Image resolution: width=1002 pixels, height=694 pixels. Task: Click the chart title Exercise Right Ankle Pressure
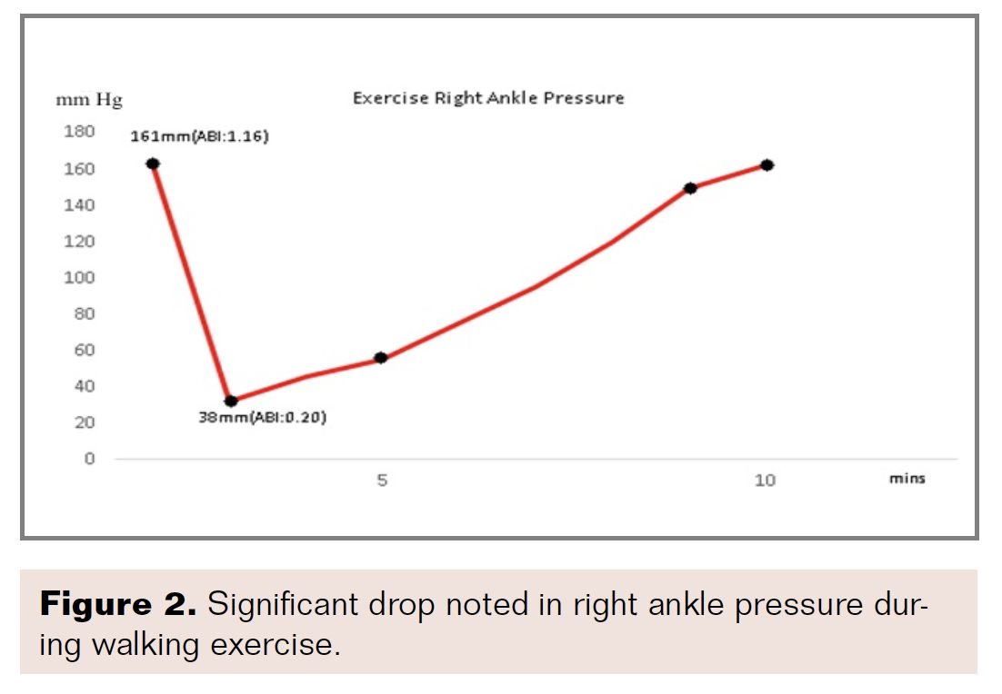pyautogui.click(x=488, y=98)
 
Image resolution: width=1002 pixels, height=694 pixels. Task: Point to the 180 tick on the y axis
pyautogui.click(x=79, y=132)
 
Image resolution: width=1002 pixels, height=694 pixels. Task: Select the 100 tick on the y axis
pyautogui.click(x=79, y=277)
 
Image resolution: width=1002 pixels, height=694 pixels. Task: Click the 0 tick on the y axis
pyautogui.click(x=89, y=459)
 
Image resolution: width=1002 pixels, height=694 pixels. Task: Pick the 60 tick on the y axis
pyautogui.click(x=83, y=350)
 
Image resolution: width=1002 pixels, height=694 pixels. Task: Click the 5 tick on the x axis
pyautogui.click(x=382, y=480)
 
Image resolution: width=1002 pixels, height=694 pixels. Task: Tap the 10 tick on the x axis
pyautogui.click(x=765, y=480)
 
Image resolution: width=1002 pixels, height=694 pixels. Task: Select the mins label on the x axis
pyautogui.click(x=907, y=478)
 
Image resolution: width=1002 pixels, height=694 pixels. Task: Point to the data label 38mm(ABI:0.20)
pyautogui.click(x=263, y=419)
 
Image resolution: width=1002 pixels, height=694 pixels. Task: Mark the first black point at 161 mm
pyautogui.click(x=153, y=164)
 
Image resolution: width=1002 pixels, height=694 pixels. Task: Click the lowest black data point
pyautogui.click(x=231, y=401)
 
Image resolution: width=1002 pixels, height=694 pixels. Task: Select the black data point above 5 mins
pyautogui.click(x=381, y=358)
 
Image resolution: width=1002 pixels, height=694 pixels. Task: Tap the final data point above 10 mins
pyautogui.click(x=767, y=165)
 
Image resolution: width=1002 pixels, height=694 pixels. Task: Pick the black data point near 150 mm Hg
pyautogui.click(x=690, y=188)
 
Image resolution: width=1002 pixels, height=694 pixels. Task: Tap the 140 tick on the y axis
pyautogui.click(x=79, y=204)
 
